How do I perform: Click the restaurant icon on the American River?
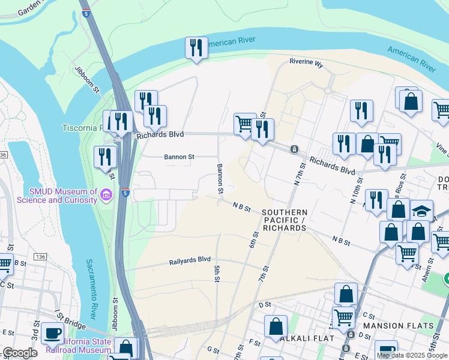pos(196,48)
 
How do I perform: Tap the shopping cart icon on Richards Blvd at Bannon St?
pos(244,124)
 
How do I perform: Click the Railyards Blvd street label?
pos(190,259)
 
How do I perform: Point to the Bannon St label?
pos(179,157)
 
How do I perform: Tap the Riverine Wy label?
pos(306,62)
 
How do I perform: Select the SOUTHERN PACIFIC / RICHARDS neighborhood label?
pos(285,220)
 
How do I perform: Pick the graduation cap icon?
pos(422,210)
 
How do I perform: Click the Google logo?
pos(20,353)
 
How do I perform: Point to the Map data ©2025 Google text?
pos(412,355)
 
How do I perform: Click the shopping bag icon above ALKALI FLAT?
pos(276,326)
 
